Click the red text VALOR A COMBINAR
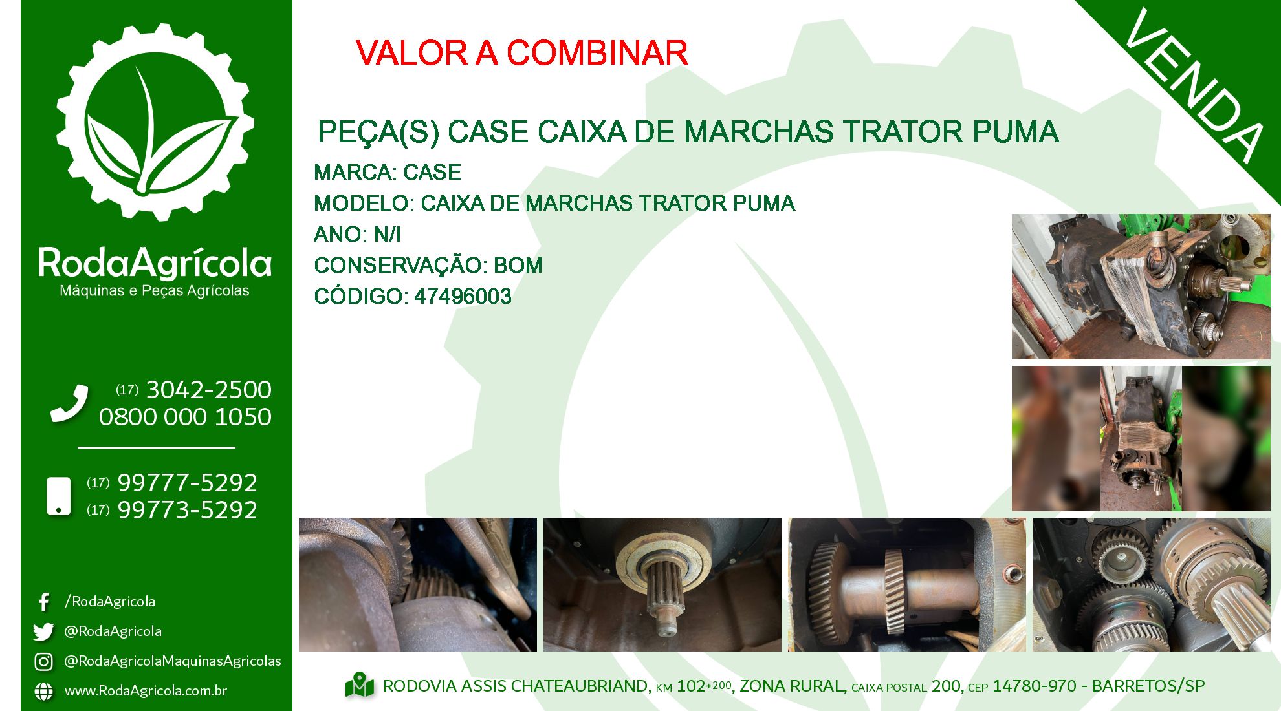pos(521,53)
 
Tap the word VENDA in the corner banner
pos(1194,86)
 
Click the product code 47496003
pos(463,297)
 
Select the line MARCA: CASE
pos(387,173)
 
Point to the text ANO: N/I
pos(357,235)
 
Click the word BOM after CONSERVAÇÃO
pos(518,266)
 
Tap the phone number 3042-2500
pos(208,390)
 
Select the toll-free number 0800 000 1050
pos(185,417)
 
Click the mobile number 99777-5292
pos(187,483)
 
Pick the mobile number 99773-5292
pos(187,510)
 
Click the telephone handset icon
pos(69,403)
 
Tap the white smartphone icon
pos(59,496)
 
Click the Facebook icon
pos(44,602)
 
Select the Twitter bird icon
pos(43,631)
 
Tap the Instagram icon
pos(43,662)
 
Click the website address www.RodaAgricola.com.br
pos(146,691)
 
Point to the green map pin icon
pos(360,686)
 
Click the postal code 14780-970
pos(1035,686)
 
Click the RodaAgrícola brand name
pos(155,264)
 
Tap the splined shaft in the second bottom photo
pos(662,595)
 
